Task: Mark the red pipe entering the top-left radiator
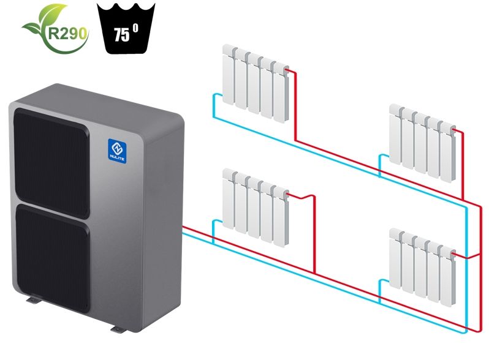click(294, 92)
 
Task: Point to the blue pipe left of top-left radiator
click(213, 107)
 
